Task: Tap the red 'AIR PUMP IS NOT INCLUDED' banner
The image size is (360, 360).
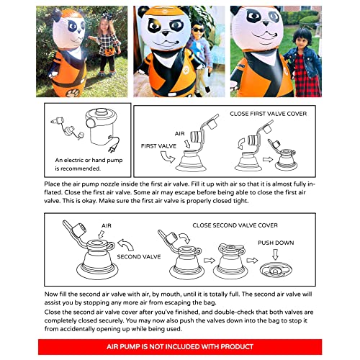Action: coord(180,346)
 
